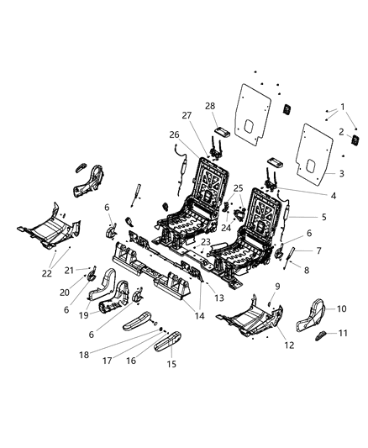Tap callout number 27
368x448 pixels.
pyautogui.click(x=187, y=116)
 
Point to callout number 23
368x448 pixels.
pyautogui.click(x=205, y=241)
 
